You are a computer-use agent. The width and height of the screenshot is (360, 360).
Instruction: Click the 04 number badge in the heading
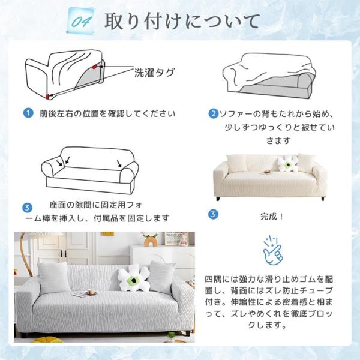click(x=80, y=21)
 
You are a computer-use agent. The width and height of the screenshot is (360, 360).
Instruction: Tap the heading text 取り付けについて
click(x=182, y=22)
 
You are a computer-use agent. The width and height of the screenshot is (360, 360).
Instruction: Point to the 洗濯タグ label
click(x=155, y=73)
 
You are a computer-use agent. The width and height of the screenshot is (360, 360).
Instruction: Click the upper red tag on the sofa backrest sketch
click(x=94, y=67)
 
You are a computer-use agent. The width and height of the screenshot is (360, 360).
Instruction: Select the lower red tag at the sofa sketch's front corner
click(x=48, y=97)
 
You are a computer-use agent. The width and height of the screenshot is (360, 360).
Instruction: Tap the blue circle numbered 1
click(x=28, y=113)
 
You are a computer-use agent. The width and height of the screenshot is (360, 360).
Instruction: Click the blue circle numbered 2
click(x=213, y=113)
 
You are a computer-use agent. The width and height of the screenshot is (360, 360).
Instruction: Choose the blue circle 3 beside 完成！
click(x=213, y=214)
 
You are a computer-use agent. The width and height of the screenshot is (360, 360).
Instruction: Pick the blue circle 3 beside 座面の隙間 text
click(x=28, y=208)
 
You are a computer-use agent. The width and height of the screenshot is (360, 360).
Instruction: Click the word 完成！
click(x=272, y=216)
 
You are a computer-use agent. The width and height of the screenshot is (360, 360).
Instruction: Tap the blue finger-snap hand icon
click(x=273, y=250)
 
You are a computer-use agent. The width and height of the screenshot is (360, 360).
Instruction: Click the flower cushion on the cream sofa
click(x=287, y=163)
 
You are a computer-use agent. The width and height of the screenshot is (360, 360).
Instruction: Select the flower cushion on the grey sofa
click(x=134, y=278)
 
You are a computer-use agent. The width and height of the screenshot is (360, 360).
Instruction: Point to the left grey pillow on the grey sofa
click(x=54, y=278)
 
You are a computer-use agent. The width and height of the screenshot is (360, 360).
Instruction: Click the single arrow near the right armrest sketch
click(x=119, y=163)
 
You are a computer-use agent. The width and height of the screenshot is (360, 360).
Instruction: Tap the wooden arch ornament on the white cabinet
click(x=151, y=242)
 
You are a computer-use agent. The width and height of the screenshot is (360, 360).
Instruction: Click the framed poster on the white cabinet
click(x=177, y=238)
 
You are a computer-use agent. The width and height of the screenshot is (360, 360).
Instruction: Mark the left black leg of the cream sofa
click(x=218, y=199)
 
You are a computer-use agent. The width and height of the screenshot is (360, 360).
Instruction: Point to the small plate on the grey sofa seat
click(x=90, y=293)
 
